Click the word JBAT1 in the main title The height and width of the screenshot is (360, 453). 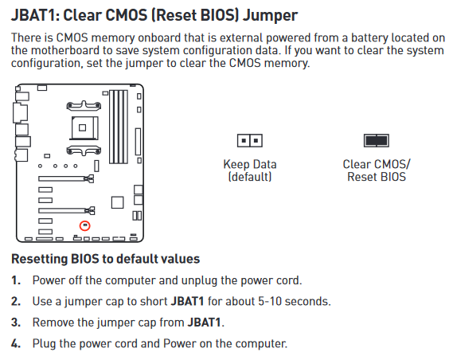(35, 15)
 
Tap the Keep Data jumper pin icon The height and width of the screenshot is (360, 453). (250, 141)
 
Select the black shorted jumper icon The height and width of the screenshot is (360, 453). (376, 141)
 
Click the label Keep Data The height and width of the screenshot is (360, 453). (250, 164)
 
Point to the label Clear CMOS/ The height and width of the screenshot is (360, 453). (377, 164)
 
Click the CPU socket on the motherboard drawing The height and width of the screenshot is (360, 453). (84, 128)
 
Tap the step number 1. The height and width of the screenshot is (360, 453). (16, 280)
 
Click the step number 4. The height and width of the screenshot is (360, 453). (16, 343)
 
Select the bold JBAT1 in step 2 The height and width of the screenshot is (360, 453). (188, 301)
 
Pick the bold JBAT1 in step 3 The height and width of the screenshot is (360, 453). (205, 323)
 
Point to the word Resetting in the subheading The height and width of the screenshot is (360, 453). (40, 259)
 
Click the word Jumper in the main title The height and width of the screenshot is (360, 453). (270, 16)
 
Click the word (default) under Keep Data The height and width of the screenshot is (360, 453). (250, 177)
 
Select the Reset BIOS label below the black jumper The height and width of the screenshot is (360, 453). (377, 177)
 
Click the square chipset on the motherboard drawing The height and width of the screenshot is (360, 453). (118, 202)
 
